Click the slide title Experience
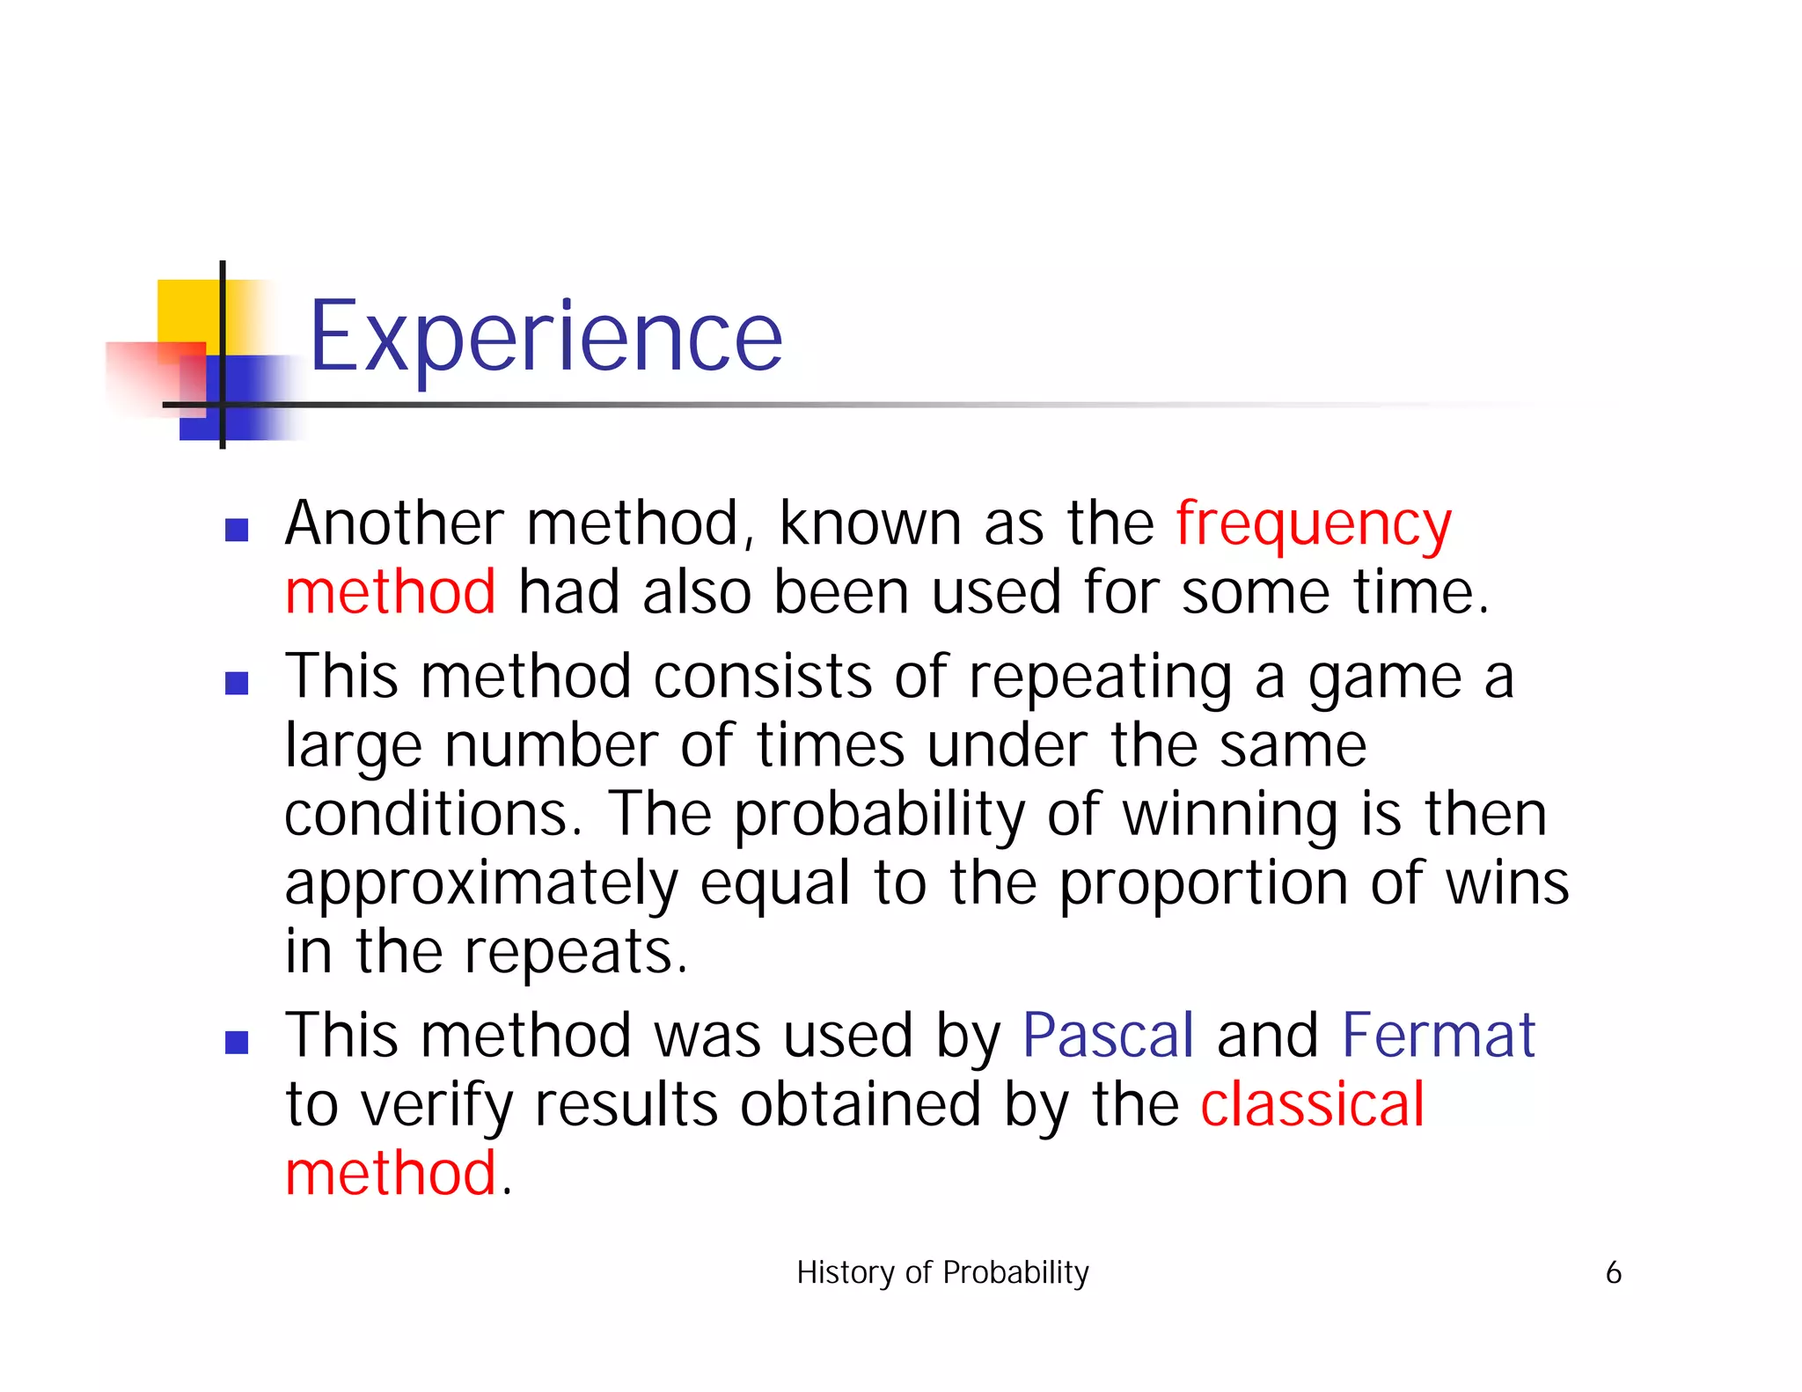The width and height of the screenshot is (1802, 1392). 546,337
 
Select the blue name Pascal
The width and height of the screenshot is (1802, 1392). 1108,1036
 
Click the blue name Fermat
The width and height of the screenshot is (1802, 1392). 1438,1036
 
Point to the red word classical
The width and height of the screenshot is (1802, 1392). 1312,1104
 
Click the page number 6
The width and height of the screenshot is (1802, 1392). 1613,1272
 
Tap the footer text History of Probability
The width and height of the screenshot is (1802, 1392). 942,1272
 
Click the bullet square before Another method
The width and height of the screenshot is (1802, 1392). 237,530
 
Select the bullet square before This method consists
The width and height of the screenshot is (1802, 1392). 237,684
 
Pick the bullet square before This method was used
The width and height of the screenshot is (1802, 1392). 237,1043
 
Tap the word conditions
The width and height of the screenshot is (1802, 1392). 433,814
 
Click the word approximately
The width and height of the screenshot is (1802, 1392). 481,884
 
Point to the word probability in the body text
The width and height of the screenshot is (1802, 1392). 879,816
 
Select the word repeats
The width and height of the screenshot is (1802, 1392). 575,953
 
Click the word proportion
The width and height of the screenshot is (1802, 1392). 1203,884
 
